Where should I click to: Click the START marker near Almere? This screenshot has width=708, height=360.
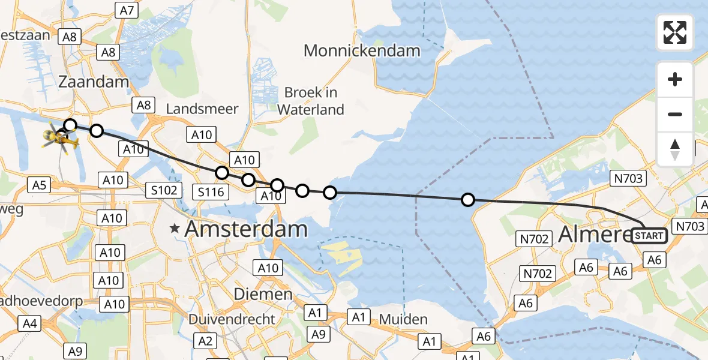(649, 236)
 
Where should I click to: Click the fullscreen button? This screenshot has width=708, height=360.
(675, 32)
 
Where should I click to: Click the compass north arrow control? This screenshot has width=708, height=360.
(675, 149)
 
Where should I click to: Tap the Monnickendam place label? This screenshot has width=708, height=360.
(362, 50)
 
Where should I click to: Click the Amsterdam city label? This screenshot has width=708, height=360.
(246, 229)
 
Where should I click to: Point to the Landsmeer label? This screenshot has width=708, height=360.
(202, 109)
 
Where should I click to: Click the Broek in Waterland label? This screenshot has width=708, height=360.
(311, 101)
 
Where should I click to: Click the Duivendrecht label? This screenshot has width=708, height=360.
(232, 319)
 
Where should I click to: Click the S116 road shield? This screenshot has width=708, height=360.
(211, 192)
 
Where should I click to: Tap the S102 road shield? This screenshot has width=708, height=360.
(163, 191)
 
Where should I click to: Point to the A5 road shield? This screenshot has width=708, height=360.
(39, 185)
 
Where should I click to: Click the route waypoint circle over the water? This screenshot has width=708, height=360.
(467, 200)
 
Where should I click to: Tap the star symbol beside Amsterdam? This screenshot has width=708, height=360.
(175, 229)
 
